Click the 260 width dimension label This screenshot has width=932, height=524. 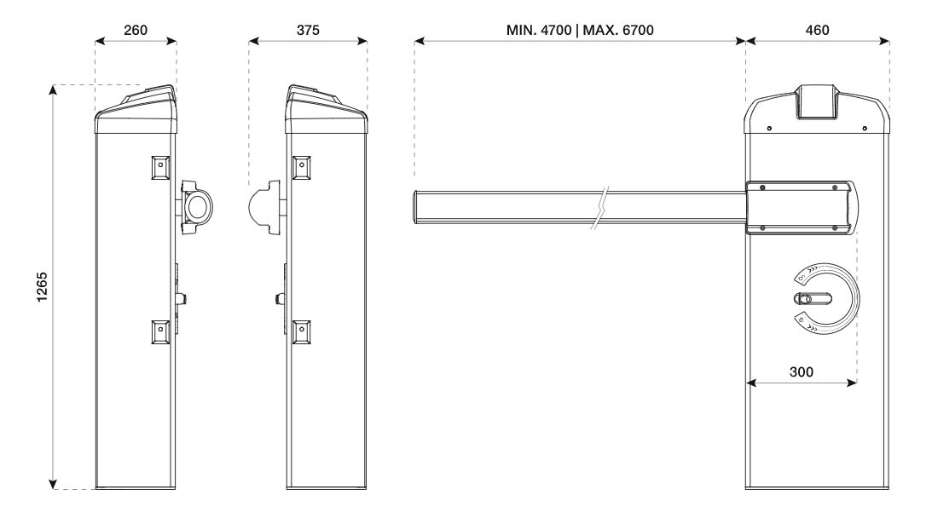[136, 29]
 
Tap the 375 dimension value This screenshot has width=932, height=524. [308, 29]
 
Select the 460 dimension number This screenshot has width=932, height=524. [818, 29]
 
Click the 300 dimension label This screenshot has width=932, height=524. [802, 371]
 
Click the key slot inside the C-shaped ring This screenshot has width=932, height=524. [812, 299]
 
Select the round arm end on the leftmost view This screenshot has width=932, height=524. [197, 205]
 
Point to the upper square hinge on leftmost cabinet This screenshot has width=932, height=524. [160, 168]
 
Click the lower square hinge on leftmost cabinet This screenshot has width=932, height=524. [160, 331]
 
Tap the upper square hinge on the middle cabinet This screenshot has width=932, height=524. [299, 168]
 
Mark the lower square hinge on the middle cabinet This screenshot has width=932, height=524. [299, 331]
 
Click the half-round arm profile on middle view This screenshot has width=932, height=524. [262, 205]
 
